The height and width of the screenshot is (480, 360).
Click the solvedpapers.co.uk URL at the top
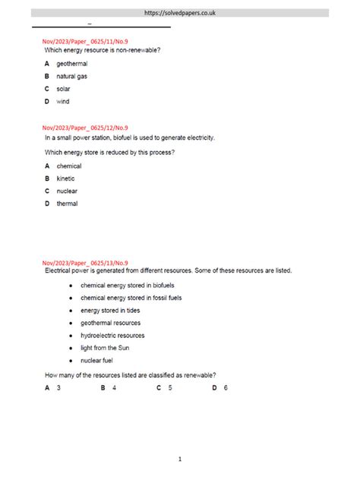[180, 13]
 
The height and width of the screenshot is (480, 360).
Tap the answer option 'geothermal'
[72, 64]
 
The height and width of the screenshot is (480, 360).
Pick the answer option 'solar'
[64, 89]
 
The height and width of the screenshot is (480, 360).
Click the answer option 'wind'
[63, 101]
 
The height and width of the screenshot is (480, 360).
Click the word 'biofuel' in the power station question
[129, 137]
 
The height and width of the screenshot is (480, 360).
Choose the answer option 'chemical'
[69, 166]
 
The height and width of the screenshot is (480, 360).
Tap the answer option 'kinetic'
[66, 178]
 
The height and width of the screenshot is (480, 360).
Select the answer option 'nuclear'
[67, 191]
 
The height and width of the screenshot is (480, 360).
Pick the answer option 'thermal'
[67, 204]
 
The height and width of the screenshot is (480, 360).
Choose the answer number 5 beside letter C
[170, 387]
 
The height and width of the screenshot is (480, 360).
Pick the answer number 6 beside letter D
[226, 387]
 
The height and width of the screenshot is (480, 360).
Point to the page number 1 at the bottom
[180, 459]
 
